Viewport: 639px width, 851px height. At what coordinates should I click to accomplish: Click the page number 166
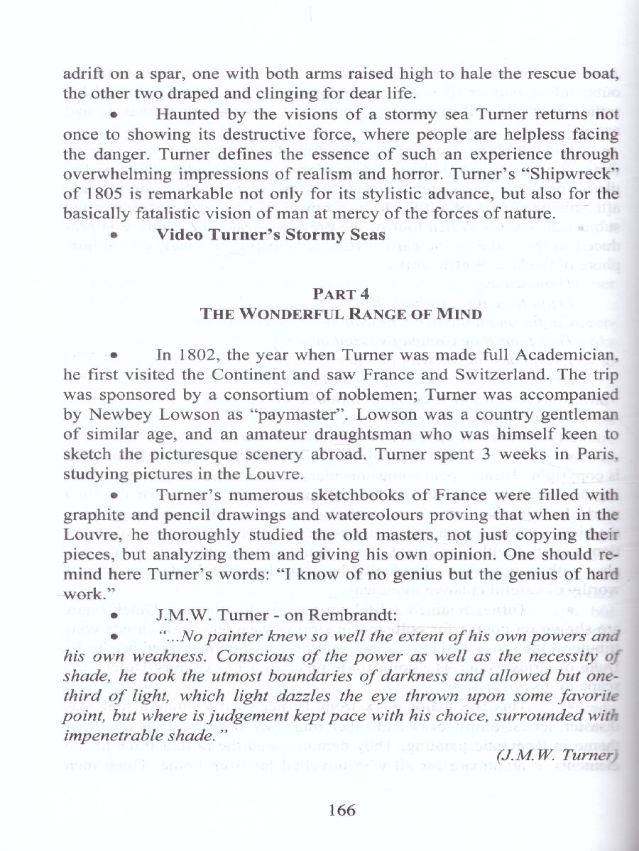click(342, 811)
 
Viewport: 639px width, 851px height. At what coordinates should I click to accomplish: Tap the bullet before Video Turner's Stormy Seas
click(114, 233)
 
